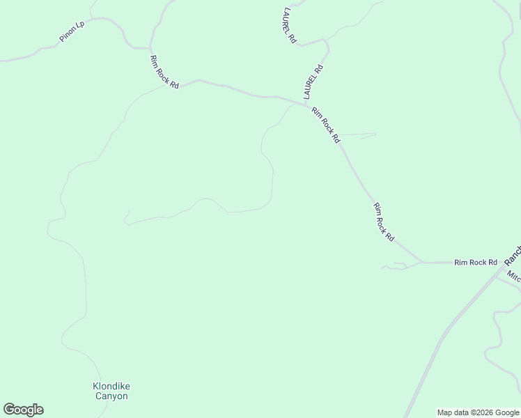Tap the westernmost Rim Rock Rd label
164,72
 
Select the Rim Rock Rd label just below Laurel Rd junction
326,125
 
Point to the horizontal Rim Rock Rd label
476,263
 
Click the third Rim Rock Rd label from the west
384,222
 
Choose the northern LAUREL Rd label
290,26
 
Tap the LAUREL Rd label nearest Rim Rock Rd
314,82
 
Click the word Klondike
111,386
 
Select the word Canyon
111,396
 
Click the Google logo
23,410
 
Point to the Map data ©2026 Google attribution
478,412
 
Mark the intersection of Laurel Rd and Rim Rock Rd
305,104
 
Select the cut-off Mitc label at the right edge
514,277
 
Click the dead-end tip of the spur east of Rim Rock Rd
376,134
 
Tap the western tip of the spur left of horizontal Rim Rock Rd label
381,268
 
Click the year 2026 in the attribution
480,412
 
